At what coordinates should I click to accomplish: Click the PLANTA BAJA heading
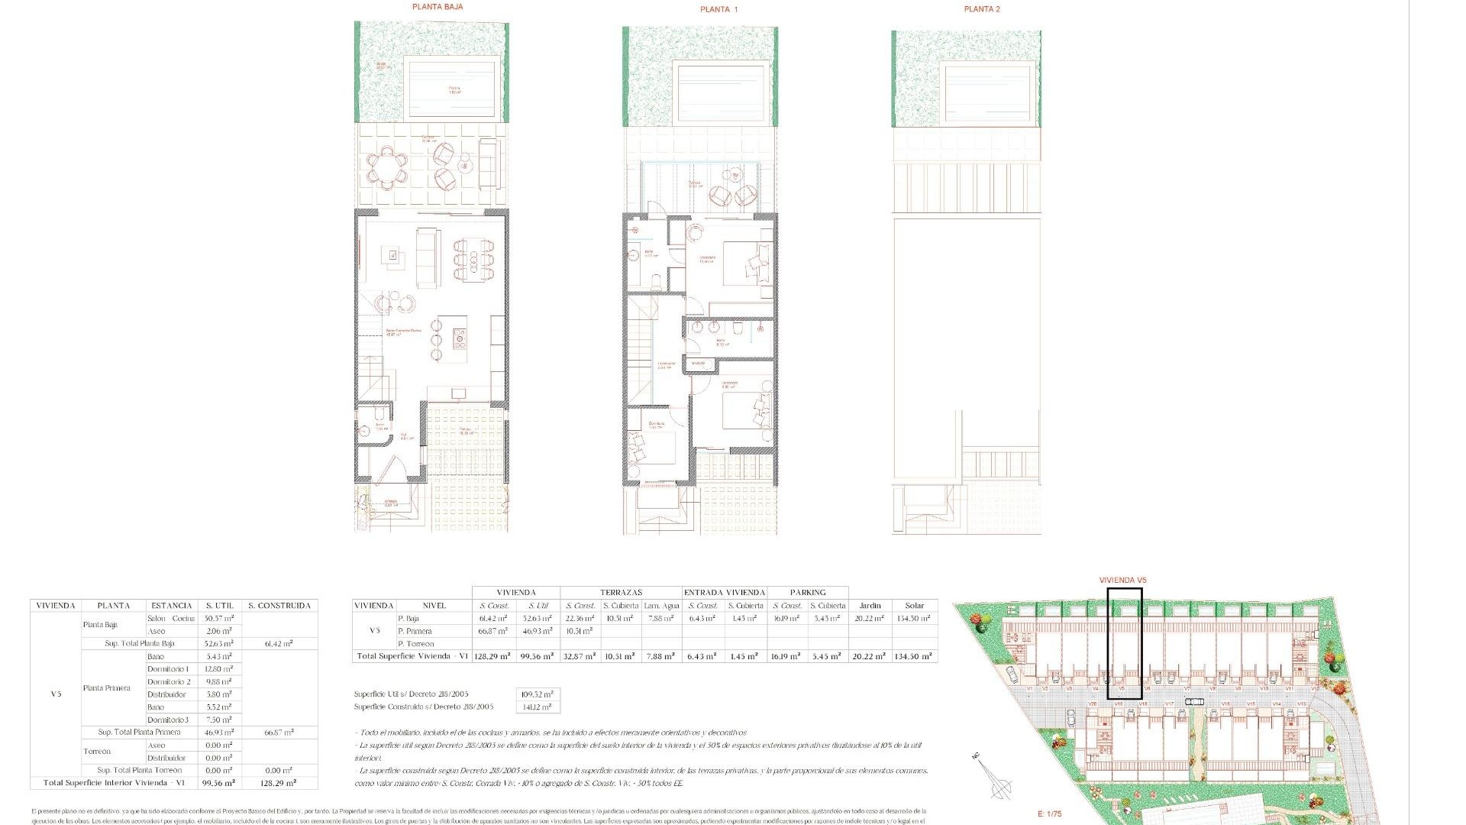(x=438, y=7)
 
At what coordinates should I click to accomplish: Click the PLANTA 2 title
(x=981, y=9)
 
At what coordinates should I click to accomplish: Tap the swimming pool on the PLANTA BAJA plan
(x=453, y=89)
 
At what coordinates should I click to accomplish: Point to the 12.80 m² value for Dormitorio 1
(x=218, y=669)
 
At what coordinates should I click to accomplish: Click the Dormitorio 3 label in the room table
(x=168, y=720)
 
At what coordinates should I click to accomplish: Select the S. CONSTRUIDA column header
(x=279, y=606)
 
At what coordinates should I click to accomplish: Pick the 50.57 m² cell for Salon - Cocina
(x=218, y=619)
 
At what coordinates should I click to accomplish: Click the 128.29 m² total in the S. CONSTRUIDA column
(x=278, y=783)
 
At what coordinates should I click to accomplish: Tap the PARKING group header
(x=808, y=593)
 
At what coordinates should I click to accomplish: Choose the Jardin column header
(x=870, y=606)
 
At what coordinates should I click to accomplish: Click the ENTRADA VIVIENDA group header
(x=724, y=593)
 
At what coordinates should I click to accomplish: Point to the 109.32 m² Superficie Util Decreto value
(x=538, y=694)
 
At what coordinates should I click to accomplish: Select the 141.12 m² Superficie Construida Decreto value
(x=538, y=707)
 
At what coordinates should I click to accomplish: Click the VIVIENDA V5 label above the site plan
(x=1122, y=581)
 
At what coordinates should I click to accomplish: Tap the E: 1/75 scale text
(x=1050, y=814)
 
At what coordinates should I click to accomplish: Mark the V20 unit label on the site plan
(x=1093, y=704)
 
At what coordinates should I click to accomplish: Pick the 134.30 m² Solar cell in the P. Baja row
(x=914, y=619)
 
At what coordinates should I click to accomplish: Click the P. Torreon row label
(x=415, y=644)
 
